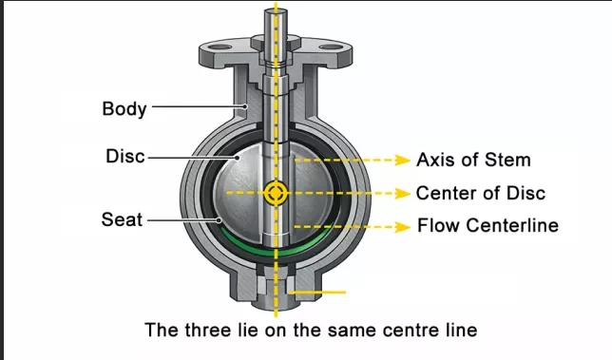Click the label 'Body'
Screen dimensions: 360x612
pyautogui.click(x=124, y=108)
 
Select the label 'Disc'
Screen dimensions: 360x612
pyautogui.click(x=124, y=156)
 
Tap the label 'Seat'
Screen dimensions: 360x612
pyautogui.click(x=122, y=219)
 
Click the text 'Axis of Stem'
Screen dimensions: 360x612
pyautogui.click(x=473, y=159)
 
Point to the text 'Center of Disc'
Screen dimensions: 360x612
pyautogui.click(x=480, y=193)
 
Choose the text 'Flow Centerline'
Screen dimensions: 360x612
pyautogui.click(x=488, y=226)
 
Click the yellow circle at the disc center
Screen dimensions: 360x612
pyautogui.click(x=277, y=193)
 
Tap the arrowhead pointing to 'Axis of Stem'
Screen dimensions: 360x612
pyautogui.click(x=406, y=159)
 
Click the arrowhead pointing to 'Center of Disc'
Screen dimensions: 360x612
pyautogui.click(x=406, y=193)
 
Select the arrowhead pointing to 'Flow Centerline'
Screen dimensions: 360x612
pyautogui.click(x=406, y=226)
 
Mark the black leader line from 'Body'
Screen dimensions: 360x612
pyautogui.click(x=195, y=108)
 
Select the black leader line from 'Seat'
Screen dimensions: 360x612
pyautogui.click(x=181, y=220)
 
